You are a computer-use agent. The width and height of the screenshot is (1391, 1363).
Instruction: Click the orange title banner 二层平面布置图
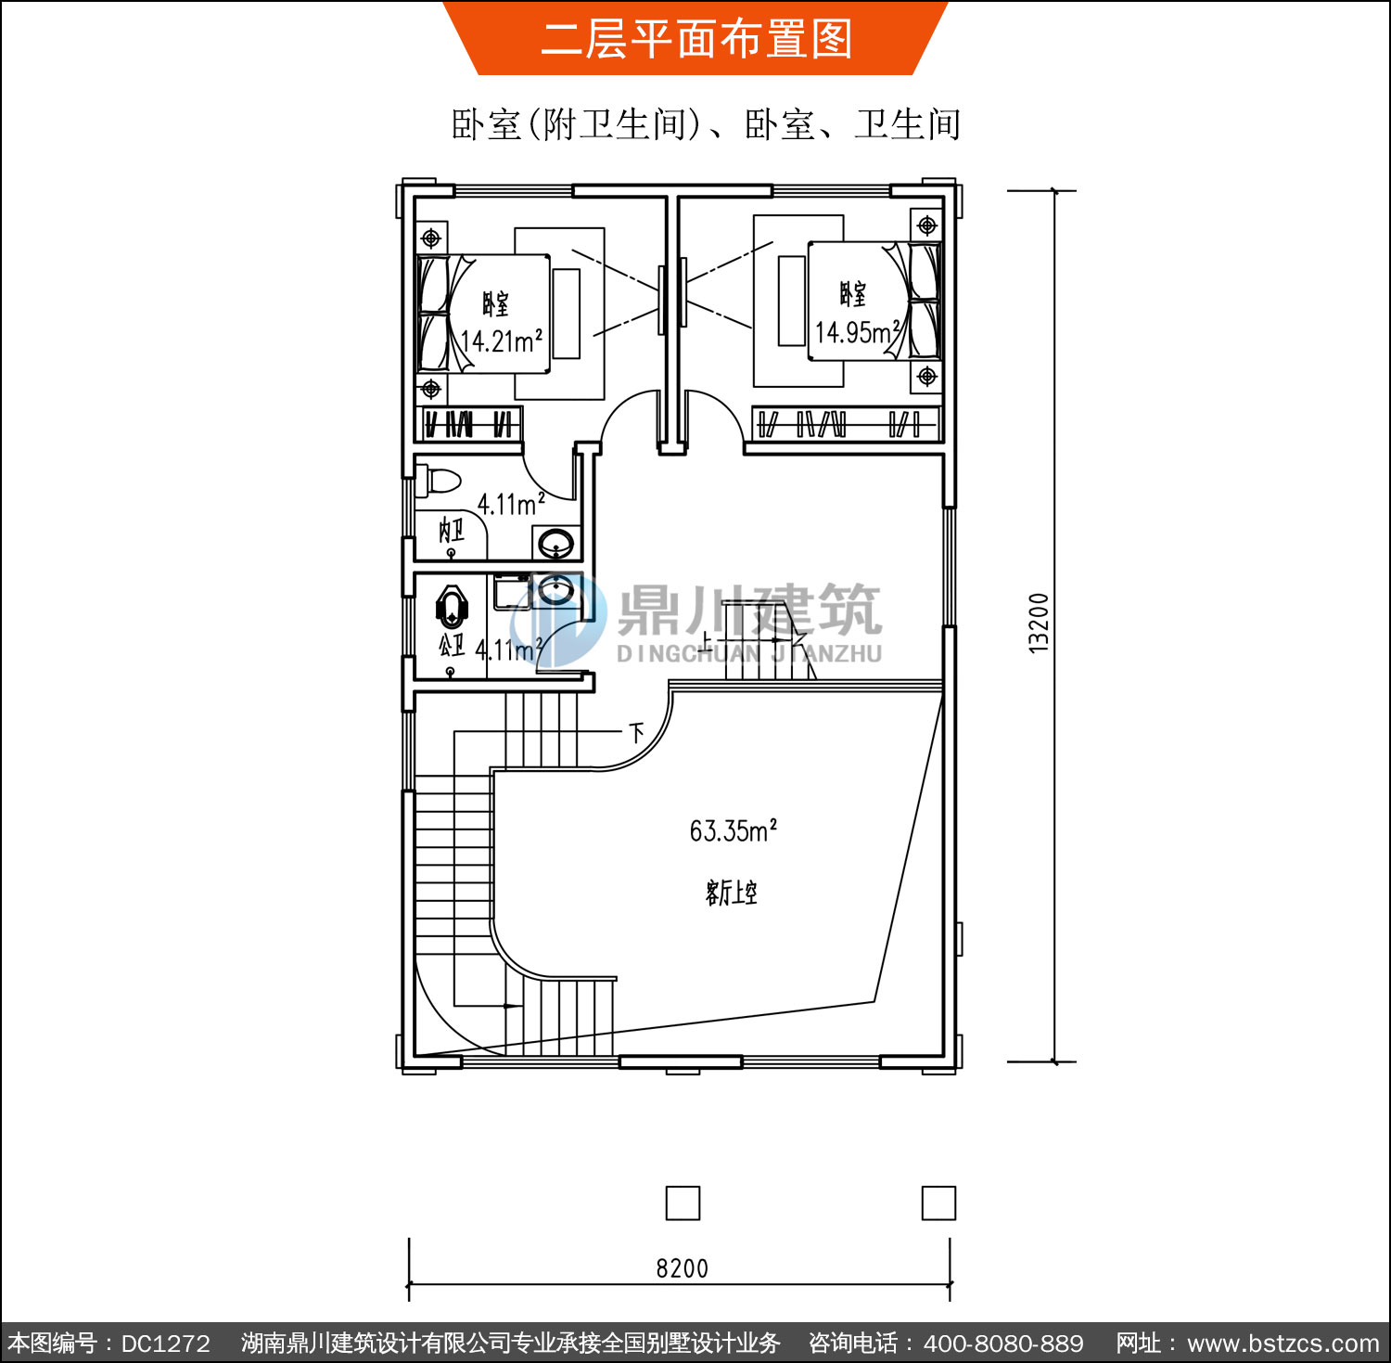point(695,38)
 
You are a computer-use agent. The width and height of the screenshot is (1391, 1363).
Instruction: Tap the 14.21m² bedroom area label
point(502,341)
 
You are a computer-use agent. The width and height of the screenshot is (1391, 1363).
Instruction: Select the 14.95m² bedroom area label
point(858,331)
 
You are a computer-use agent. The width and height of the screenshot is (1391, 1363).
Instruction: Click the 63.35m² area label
point(733,830)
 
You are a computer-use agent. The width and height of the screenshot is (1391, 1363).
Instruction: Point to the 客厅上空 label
point(732,893)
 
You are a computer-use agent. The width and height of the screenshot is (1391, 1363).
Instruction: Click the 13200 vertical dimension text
point(1039,624)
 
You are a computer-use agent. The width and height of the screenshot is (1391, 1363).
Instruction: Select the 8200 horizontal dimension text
point(682,1268)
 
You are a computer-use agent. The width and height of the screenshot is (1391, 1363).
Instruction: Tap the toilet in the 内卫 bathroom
point(438,482)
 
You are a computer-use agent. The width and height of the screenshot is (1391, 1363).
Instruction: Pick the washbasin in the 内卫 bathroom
point(555,542)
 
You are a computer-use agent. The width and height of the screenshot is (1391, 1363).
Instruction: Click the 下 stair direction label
point(636,734)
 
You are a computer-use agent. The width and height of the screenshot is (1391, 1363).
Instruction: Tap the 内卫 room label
point(452,531)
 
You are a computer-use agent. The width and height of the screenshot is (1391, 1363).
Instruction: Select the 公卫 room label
point(452,644)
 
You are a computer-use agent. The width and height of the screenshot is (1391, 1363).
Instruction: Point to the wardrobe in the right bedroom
point(847,424)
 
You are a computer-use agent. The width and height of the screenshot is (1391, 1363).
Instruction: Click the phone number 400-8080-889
point(1003,1344)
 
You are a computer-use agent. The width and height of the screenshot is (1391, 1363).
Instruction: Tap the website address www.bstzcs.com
point(1283,1344)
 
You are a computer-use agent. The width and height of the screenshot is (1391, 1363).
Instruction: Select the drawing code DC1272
point(165,1344)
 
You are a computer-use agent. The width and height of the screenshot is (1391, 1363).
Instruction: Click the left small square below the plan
point(683,1203)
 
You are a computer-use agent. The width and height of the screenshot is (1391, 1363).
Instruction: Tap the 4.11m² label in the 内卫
point(511,504)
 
